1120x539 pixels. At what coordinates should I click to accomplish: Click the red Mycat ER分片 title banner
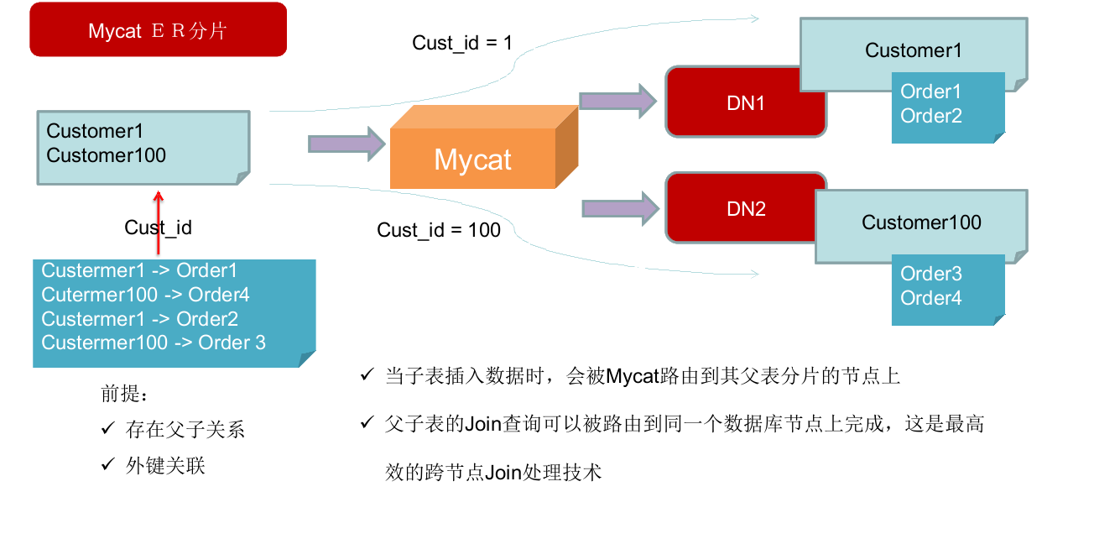[x=158, y=30]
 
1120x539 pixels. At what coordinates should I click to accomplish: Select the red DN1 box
[x=745, y=103]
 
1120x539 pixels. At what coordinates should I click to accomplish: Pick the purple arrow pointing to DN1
[x=617, y=101]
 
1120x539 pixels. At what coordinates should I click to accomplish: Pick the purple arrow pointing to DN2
[x=617, y=207]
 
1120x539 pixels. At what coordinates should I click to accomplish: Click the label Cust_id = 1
[x=461, y=43]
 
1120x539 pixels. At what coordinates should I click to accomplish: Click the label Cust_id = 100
[x=438, y=230]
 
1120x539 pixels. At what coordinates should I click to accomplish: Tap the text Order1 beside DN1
[x=930, y=92]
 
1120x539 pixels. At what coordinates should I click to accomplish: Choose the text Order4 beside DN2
[x=930, y=298]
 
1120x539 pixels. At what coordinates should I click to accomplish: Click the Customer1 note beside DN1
[x=914, y=50]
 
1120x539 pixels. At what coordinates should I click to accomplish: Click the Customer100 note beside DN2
[x=921, y=222]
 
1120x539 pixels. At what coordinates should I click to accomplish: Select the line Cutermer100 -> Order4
[x=145, y=295]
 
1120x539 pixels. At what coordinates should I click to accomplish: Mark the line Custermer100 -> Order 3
[x=154, y=343]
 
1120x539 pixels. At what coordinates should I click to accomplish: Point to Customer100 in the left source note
[x=107, y=155]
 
